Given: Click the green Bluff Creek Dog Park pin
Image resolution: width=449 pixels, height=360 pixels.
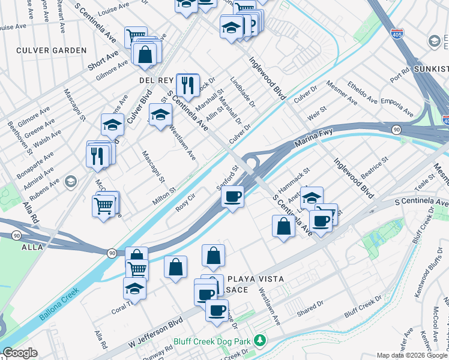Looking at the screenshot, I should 259,341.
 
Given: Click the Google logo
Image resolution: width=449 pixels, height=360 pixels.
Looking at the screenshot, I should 19,353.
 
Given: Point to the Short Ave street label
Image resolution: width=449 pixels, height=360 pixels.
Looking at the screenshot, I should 102,59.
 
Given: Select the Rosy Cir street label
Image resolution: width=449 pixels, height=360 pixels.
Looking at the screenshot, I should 185,202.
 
